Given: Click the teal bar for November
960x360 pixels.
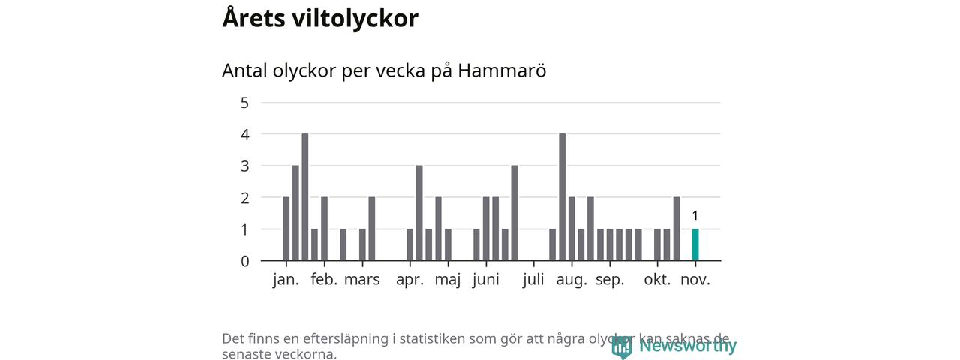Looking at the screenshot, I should pos(695,244).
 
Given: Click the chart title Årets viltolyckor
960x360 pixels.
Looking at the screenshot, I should pos(320,18).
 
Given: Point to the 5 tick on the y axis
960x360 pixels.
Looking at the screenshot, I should pos(244,103).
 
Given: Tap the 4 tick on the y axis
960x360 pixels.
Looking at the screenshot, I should pos(244,134).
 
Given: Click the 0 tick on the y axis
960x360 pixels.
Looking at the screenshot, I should pos(244,261).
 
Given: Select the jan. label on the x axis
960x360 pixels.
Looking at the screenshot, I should pos(286,280).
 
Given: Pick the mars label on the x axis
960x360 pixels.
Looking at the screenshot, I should pos(362,280).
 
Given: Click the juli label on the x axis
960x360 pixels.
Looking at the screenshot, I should pos(533,280).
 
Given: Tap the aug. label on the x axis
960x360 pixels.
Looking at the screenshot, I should pos(571,280).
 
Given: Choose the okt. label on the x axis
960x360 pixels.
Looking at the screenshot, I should pos(657,280).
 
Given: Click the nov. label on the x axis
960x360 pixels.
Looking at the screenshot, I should pos(695,280).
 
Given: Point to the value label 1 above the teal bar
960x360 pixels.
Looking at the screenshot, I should pos(695,217).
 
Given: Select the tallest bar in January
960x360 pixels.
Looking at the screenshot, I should pos(305,196).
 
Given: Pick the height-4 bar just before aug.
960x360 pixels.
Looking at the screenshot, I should pos(562,196).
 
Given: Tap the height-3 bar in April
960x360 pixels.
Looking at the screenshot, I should pos(419,212).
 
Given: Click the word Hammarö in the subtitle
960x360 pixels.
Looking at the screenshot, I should pos(502,70).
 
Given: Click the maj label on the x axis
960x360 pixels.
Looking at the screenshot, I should pos(448,280).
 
